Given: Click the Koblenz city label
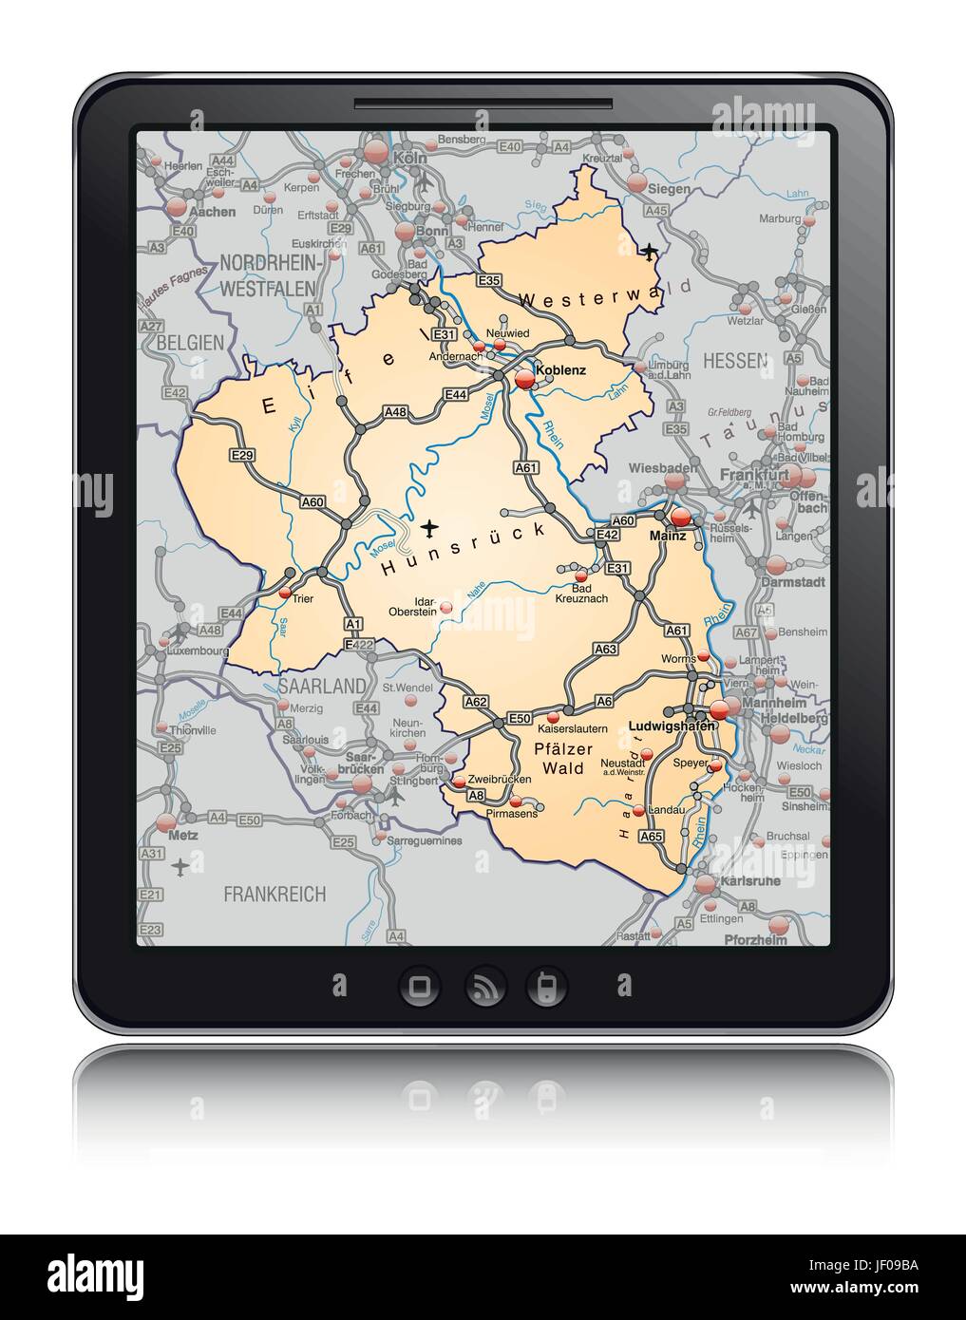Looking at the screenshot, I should click(x=561, y=370).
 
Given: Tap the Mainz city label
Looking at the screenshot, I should click(x=668, y=537).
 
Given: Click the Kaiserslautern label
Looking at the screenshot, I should click(x=571, y=729).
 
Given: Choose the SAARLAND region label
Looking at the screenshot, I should click(x=323, y=686).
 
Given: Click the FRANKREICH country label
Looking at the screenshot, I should click(x=275, y=894).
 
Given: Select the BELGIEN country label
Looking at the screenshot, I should click(x=190, y=342).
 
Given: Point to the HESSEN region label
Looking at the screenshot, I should click(x=734, y=361).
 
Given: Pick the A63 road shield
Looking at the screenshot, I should click(x=605, y=650).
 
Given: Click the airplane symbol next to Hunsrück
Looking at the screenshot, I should click(x=430, y=525).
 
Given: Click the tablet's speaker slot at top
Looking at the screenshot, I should click(x=483, y=102).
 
